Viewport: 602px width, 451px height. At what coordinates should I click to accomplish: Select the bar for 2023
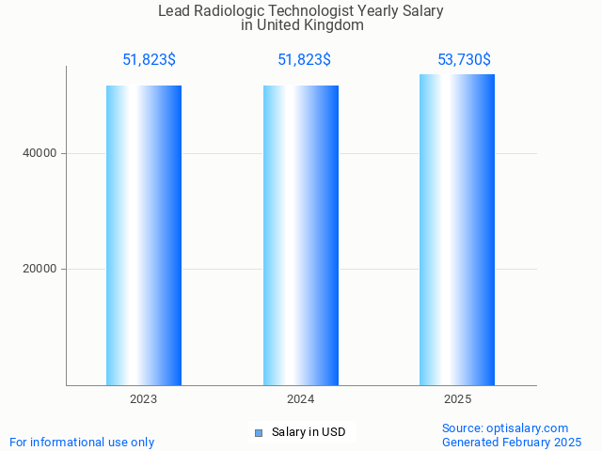[144, 235]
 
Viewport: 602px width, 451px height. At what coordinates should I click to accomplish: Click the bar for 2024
[301, 235]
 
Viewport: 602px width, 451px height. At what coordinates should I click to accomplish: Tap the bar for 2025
[457, 229]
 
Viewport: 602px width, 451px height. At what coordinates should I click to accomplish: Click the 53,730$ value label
[464, 60]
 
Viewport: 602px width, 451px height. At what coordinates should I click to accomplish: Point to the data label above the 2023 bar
[149, 60]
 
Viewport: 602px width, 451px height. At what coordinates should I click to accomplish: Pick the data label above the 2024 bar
[304, 60]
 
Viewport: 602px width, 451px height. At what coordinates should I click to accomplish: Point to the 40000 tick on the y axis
[40, 153]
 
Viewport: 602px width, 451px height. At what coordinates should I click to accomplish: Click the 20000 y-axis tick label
[40, 269]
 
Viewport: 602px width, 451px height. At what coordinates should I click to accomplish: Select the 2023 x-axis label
[144, 399]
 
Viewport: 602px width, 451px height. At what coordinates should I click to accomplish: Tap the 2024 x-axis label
[301, 399]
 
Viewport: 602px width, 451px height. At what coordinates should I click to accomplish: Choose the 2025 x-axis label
[457, 399]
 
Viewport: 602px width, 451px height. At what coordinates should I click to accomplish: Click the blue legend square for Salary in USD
[259, 433]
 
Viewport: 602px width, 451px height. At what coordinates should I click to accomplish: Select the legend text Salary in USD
[309, 432]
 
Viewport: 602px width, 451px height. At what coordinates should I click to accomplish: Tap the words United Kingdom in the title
[316, 25]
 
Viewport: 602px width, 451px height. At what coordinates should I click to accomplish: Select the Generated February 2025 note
[512, 442]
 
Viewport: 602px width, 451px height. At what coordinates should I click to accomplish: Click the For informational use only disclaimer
[82, 442]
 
